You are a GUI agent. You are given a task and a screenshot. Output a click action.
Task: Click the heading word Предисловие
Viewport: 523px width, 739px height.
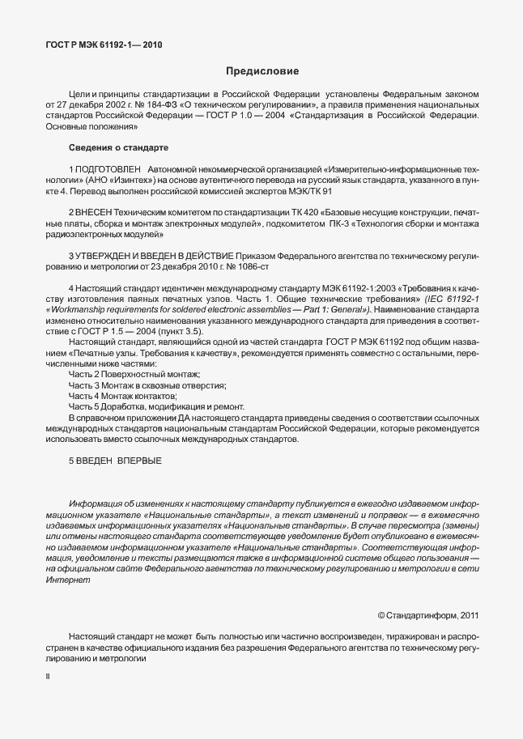click(x=261, y=72)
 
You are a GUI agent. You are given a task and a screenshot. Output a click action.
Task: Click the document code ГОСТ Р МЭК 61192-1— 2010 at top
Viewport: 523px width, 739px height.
click(x=104, y=45)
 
